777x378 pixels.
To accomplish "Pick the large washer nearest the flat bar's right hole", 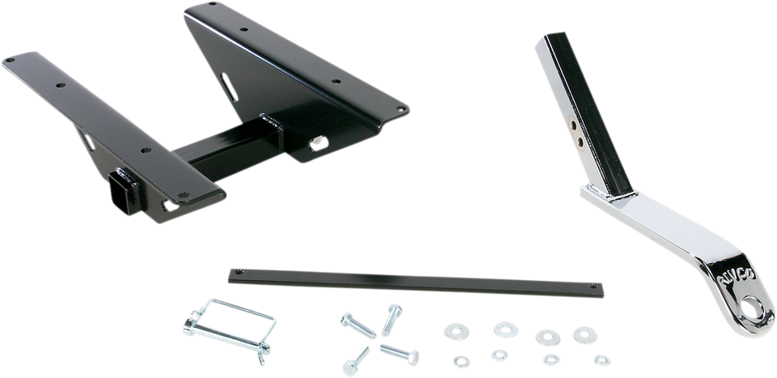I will (x=581, y=333).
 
